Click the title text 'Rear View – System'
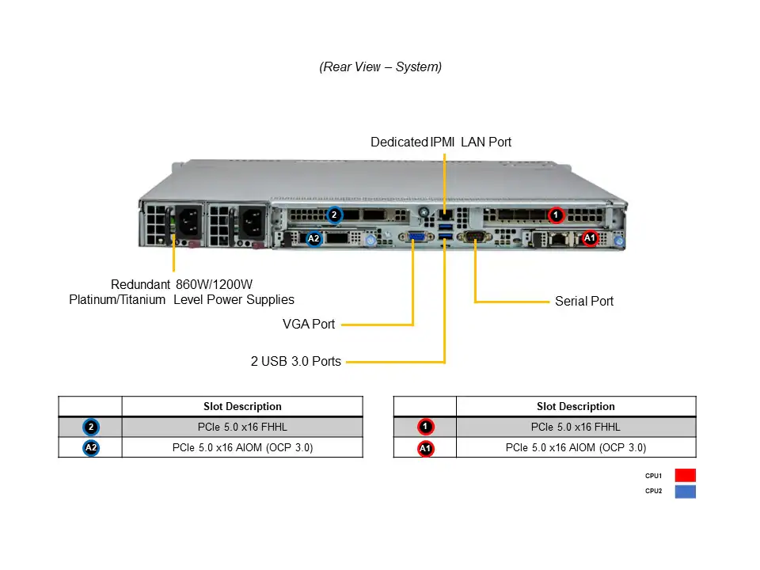(x=380, y=67)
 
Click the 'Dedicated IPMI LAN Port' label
(x=441, y=142)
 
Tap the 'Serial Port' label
(x=583, y=302)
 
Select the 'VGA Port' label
(x=309, y=324)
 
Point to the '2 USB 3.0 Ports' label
(x=296, y=362)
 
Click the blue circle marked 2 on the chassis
(x=334, y=215)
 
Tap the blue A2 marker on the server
(x=313, y=237)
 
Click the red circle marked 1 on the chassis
(x=556, y=215)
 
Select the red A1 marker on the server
(x=589, y=237)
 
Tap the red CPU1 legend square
(x=685, y=476)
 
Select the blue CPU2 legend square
(x=685, y=492)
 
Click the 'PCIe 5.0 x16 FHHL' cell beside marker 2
(x=242, y=427)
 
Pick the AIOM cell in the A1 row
(x=576, y=448)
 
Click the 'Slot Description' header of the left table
(x=242, y=407)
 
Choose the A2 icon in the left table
(x=91, y=448)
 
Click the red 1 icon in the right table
(x=425, y=427)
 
